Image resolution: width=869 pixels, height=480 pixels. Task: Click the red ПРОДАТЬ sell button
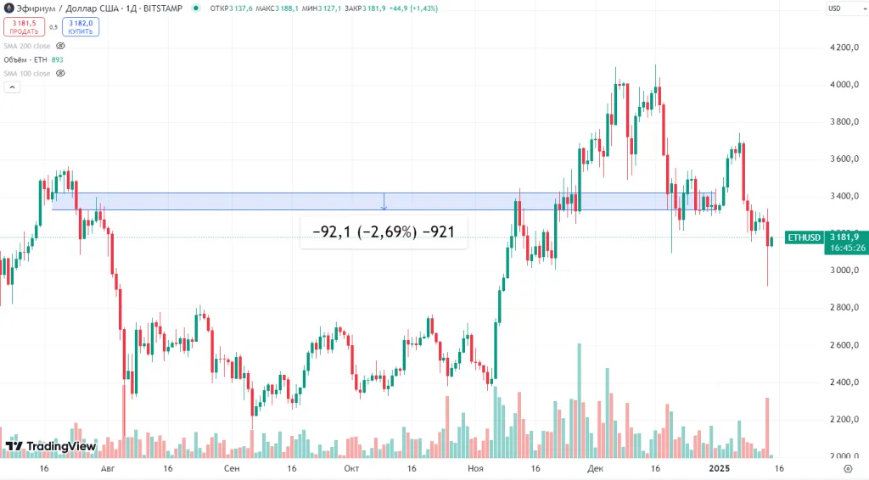point(25,27)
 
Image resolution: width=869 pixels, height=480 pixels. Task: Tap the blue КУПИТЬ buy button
point(81,27)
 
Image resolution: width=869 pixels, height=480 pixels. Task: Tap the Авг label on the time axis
point(107,467)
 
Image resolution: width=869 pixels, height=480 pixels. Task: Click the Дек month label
point(595,467)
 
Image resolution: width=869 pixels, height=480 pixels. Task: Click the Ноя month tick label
point(476,467)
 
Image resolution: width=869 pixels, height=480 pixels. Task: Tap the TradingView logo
point(50,446)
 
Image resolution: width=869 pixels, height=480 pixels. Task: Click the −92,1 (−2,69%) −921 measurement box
point(384,232)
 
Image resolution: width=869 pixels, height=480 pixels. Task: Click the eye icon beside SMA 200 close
point(60,46)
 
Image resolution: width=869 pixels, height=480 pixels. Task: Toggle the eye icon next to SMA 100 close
point(60,74)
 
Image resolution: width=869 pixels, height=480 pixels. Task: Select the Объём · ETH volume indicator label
point(27,60)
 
